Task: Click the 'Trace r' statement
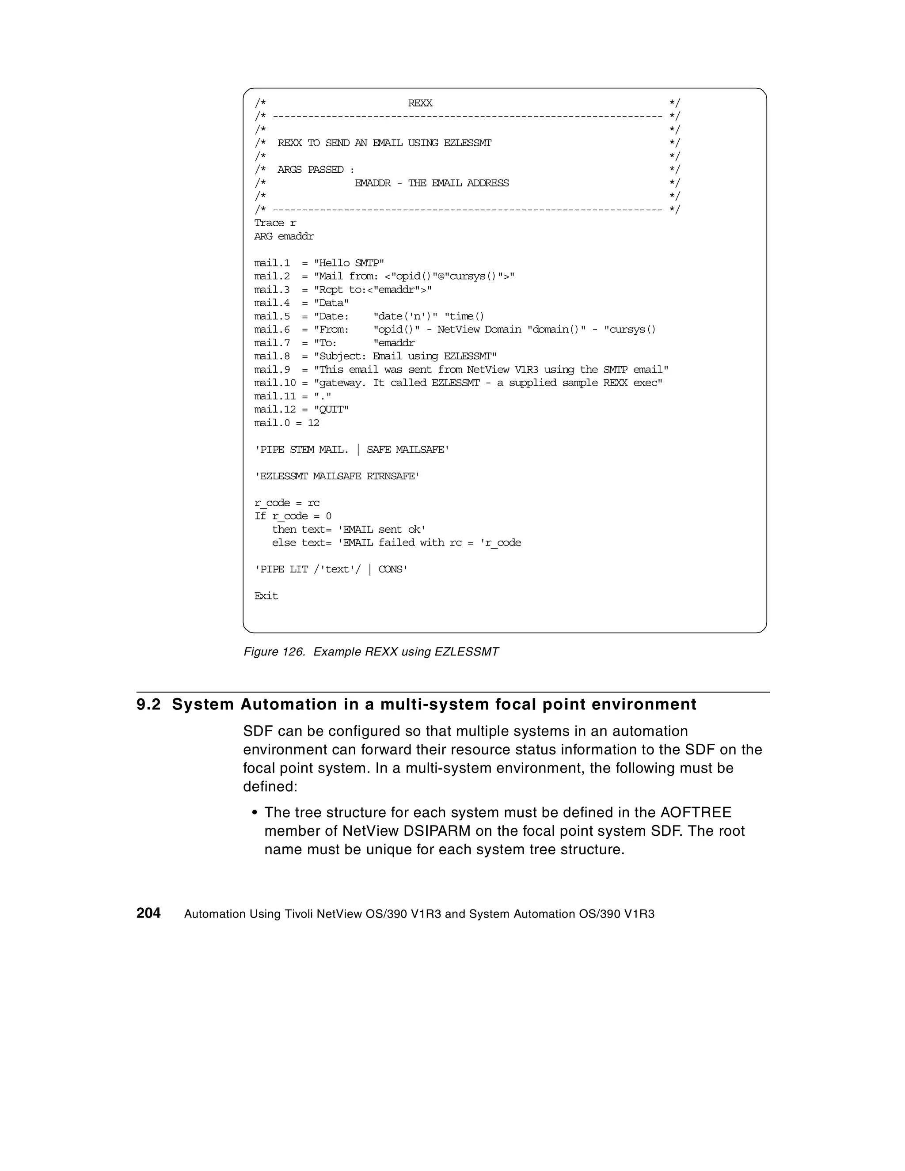coord(275,223)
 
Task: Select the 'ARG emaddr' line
coord(284,236)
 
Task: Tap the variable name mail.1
coord(271,263)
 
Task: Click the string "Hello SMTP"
coord(349,263)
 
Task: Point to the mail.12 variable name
coord(275,409)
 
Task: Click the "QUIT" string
coord(331,409)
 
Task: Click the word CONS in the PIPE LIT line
coord(391,569)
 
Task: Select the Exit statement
coord(266,596)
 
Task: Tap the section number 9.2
coord(148,705)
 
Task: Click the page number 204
coord(148,913)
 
